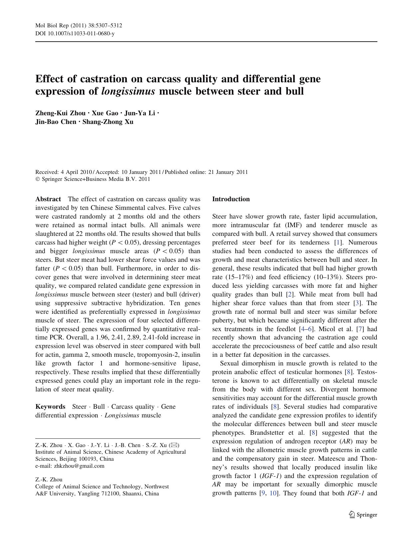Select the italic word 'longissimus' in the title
pyautogui.click(x=128, y=91)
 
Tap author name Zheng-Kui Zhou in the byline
pyautogui.click(x=60, y=113)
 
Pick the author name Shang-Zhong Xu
pyautogui.click(x=108, y=122)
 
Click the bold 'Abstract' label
pyautogui.click(x=48, y=199)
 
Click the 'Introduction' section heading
pyautogui.click(x=231, y=199)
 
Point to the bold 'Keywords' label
pyautogui.click(x=50, y=407)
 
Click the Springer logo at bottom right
pyautogui.click(x=363, y=515)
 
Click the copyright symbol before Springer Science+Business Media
pyautogui.click(x=37, y=179)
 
